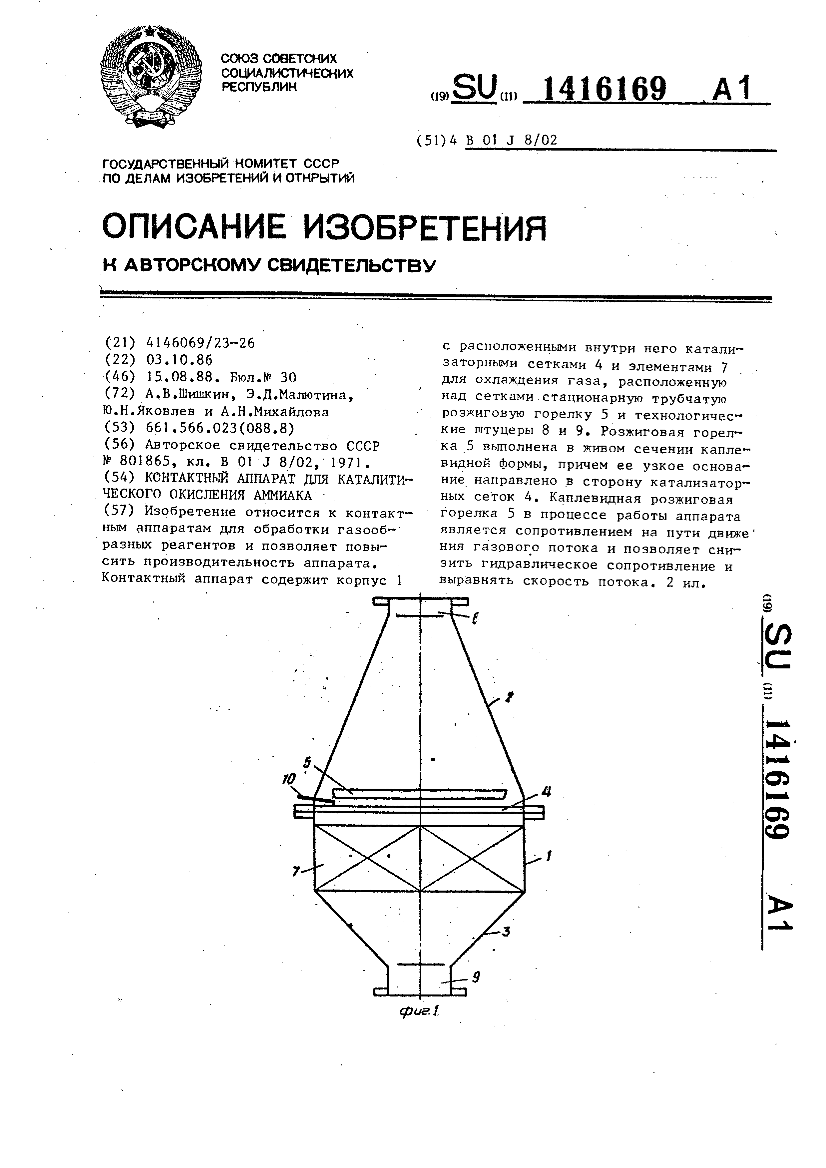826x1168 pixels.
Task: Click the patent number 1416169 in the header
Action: coord(604,89)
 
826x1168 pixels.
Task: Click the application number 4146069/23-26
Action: coord(200,343)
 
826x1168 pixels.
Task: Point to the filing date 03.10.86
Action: coord(179,360)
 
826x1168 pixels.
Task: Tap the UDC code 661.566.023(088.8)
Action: coord(220,428)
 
